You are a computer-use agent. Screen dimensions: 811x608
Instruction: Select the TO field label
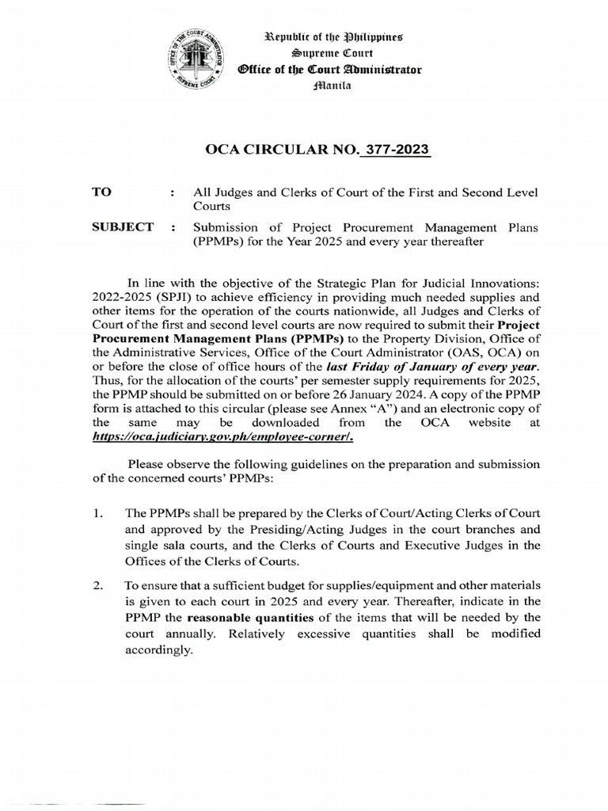coord(103,192)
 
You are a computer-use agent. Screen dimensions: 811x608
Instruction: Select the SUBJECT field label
coord(122,227)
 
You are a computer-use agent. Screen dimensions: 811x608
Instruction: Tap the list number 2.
coord(97,585)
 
